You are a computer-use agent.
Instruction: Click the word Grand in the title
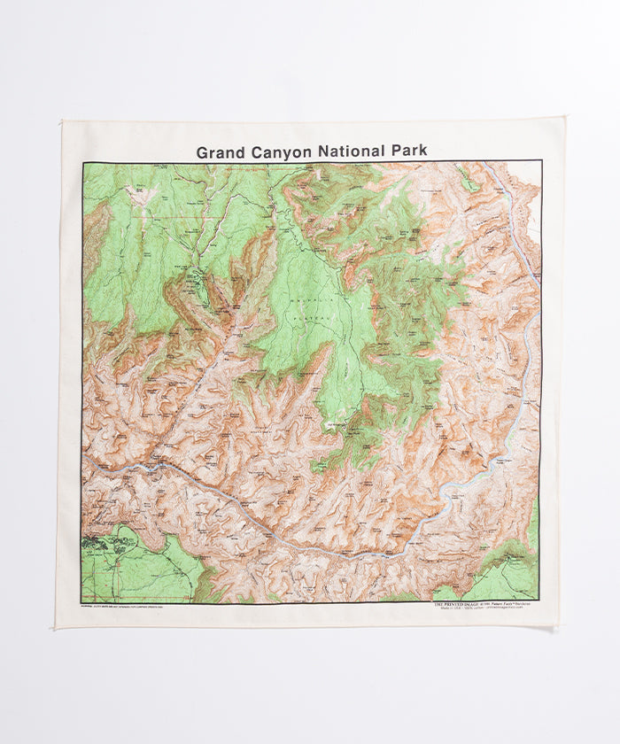pos(220,151)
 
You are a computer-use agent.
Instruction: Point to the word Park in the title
pos(407,151)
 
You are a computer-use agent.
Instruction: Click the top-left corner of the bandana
pos(63,121)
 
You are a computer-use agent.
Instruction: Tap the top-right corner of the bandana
pos(563,118)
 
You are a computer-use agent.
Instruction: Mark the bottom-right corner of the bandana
pos(557,626)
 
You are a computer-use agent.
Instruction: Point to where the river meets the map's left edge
pos(84,460)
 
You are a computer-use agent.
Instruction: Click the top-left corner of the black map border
pos(82,162)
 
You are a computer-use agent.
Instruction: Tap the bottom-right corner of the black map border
pos(539,601)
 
